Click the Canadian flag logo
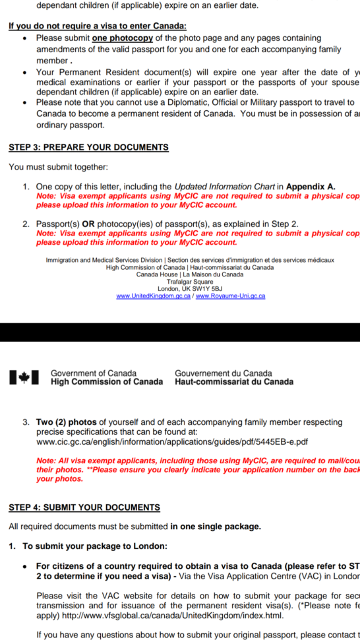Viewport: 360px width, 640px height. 24,377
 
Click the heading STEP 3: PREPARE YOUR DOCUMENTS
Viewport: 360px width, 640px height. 88,147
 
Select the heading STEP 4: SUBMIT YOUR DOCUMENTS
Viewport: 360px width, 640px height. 84,507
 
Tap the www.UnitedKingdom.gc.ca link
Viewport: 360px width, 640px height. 154,296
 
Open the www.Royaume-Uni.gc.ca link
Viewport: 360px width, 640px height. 231,296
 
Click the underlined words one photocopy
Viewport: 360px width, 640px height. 122,38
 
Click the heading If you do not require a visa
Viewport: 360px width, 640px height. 97,26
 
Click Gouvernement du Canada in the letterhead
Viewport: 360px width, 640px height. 223,373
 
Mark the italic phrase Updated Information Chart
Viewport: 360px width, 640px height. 224,187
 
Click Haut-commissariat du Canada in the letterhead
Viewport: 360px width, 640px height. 234,382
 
